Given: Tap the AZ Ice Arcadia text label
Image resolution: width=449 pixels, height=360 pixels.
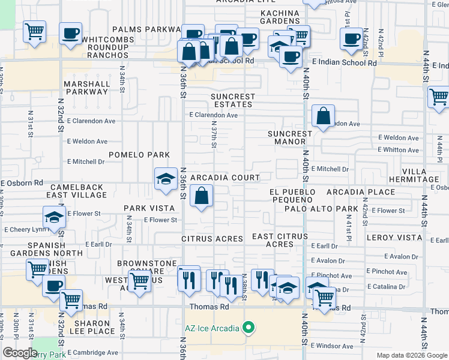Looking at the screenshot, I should pos(212,328).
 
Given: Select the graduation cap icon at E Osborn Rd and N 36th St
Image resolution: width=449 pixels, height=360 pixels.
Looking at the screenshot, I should pos(166,179).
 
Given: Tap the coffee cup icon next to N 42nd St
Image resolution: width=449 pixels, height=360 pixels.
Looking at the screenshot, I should pos(351,40).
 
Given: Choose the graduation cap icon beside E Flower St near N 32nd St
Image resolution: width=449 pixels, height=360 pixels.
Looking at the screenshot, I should pos(54,217).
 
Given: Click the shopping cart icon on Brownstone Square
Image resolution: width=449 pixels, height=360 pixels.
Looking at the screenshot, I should pos(140,280).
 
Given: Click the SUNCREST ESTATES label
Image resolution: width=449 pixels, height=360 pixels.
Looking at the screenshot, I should pos(232,100).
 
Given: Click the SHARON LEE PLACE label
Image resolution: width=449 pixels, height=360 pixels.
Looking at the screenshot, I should pos(92,327).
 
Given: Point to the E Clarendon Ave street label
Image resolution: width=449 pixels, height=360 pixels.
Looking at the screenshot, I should pos(213,115).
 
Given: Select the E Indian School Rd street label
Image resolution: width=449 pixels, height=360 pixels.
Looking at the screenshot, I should pos(344,62).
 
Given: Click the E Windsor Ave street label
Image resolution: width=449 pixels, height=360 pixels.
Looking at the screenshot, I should pos(332,346).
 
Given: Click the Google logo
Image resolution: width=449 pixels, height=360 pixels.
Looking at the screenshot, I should pos(20,353).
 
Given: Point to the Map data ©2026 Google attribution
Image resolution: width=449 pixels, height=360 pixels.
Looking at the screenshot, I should pos(411,355).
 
